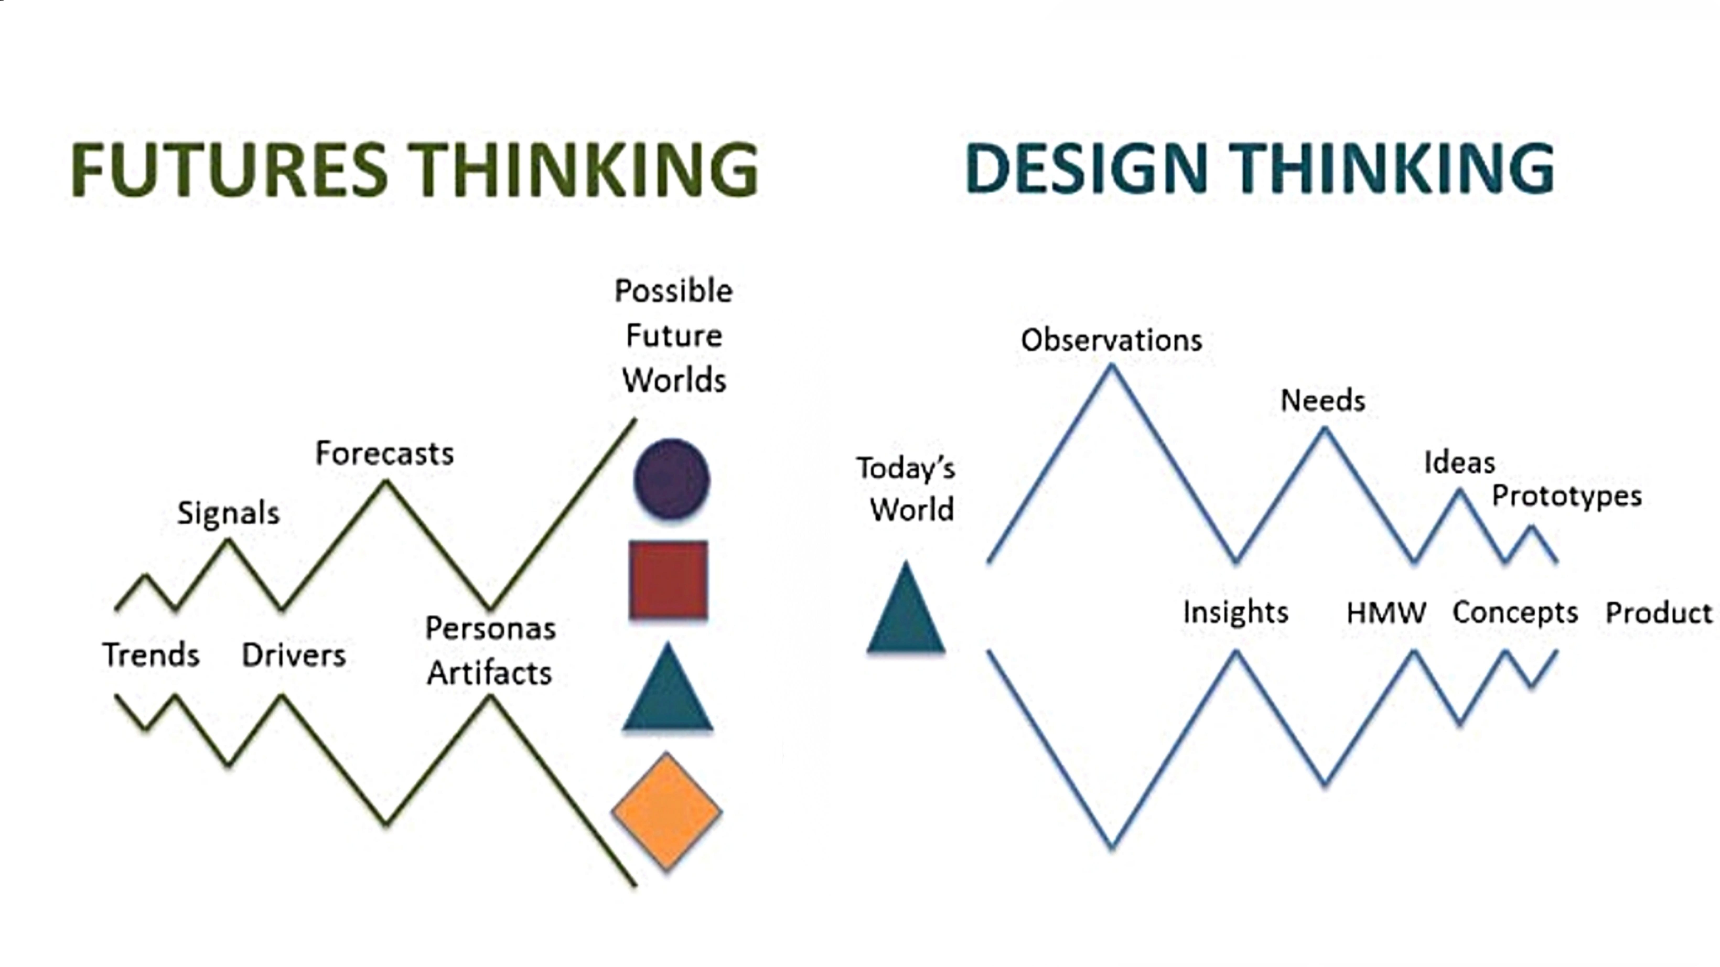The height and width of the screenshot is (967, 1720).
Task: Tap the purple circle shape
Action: pyautogui.click(x=671, y=478)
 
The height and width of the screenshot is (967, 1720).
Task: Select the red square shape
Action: pyautogui.click(x=668, y=579)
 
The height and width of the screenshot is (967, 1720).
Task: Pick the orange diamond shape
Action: pyautogui.click(x=666, y=812)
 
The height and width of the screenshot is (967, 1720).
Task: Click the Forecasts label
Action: pyautogui.click(x=385, y=453)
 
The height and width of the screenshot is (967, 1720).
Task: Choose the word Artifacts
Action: pyautogui.click(x=490, y=673)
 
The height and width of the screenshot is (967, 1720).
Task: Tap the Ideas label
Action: pyautogui.click(x=1460, y=462)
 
